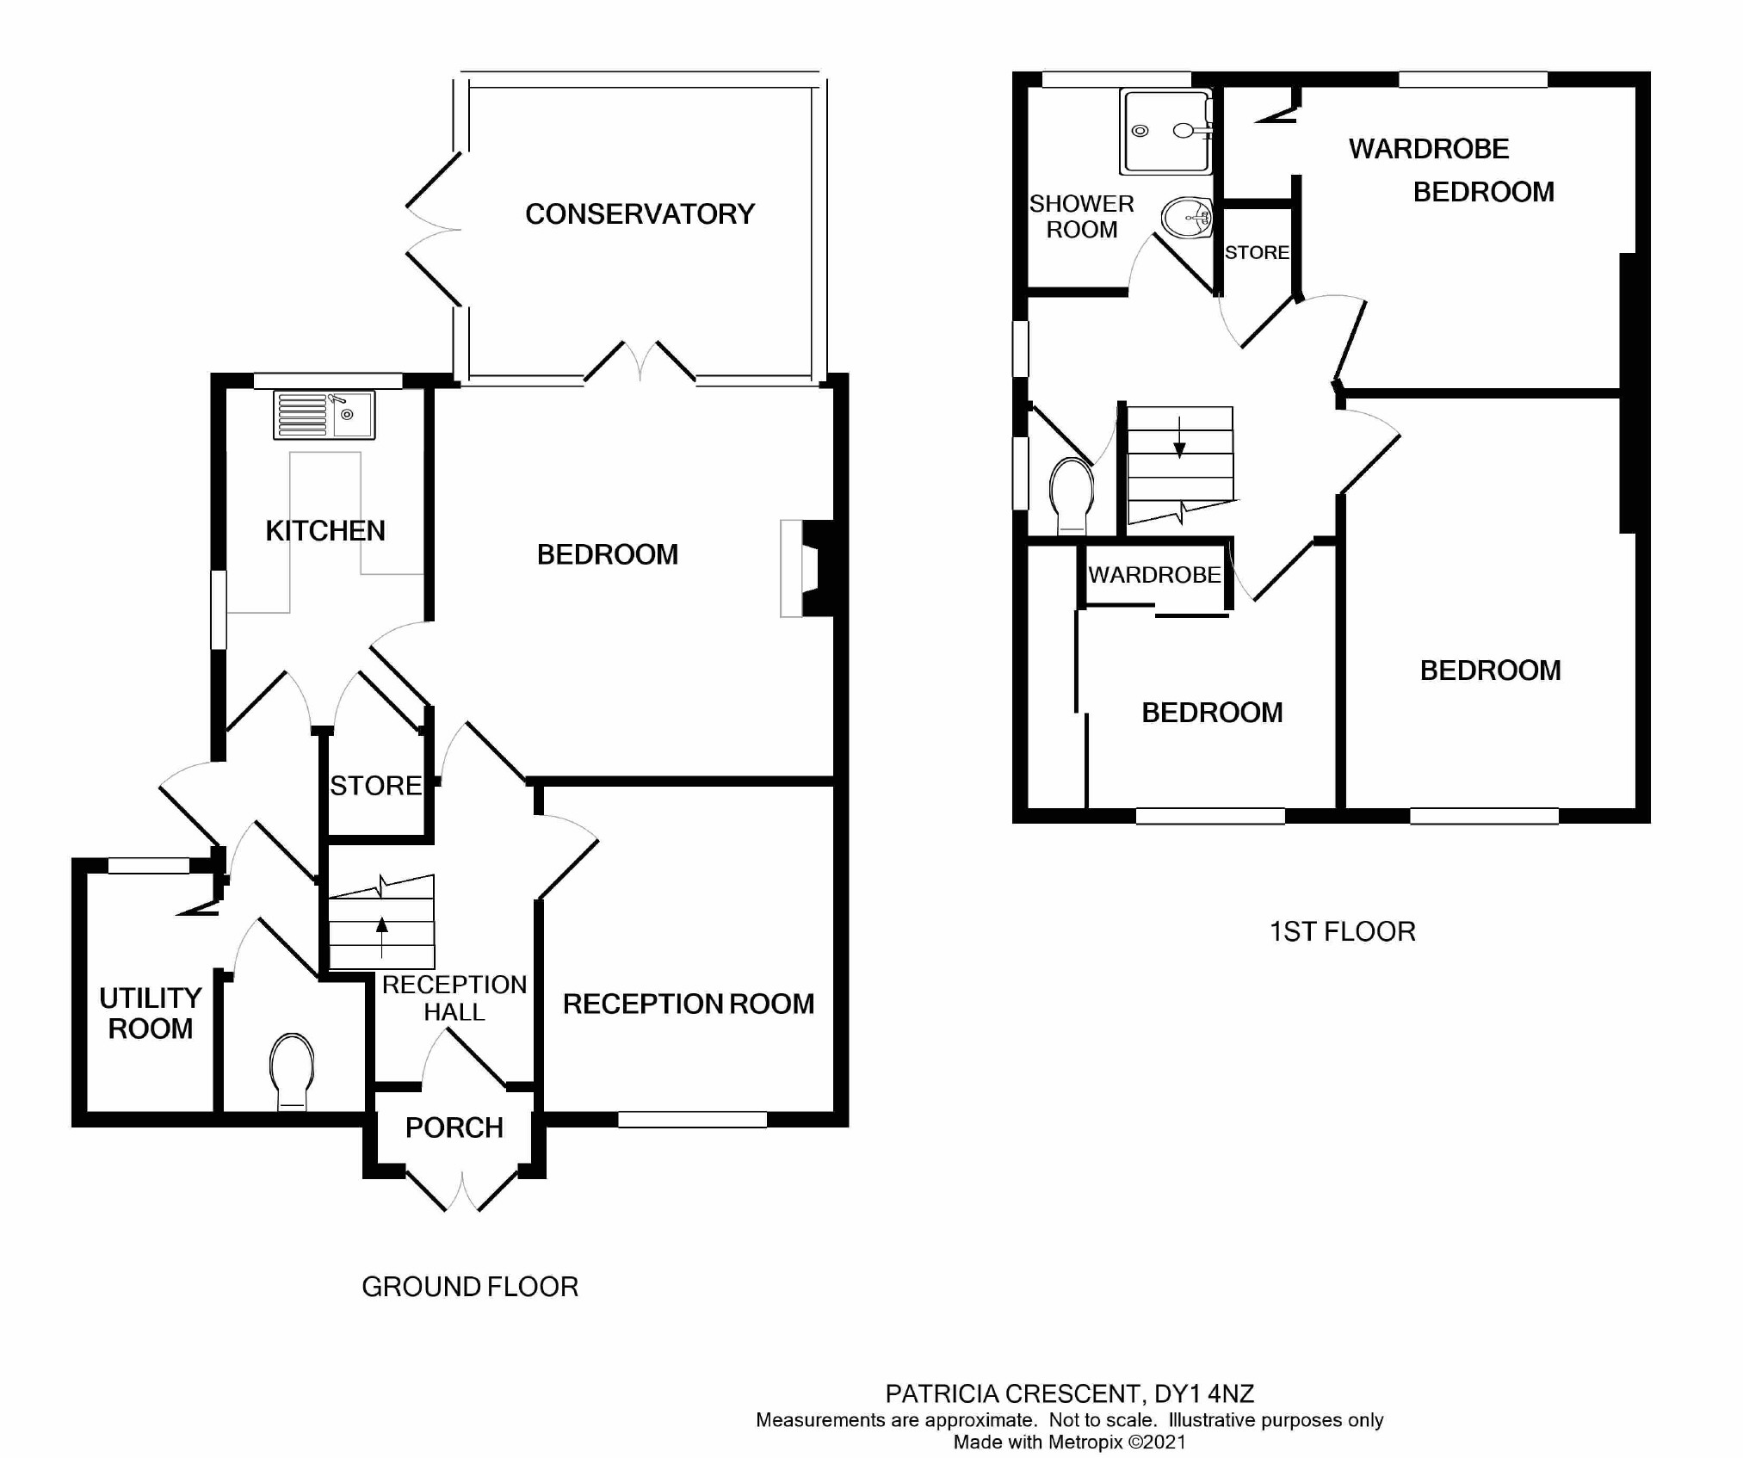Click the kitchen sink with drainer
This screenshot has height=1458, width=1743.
point(324,416)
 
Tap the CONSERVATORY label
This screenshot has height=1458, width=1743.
point(640,213)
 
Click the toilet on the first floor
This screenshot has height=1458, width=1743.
point(1072,495)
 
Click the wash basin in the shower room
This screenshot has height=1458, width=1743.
point(1187,218)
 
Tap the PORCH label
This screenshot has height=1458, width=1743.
point(454,1127)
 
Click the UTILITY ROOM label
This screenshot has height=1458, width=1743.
point(150,1013)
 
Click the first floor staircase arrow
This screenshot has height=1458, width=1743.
point(1179,438)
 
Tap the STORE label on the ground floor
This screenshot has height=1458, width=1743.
point(375,786)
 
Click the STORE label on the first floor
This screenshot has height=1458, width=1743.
point(1257,252)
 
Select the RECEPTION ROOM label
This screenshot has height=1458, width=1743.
point(688,1004)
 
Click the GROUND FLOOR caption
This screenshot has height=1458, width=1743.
point(469,1287)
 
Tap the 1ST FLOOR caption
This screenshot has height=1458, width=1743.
point(1342,931)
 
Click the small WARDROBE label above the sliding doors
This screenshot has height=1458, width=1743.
point(1154,574)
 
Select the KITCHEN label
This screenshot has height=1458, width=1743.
point(324,530)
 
